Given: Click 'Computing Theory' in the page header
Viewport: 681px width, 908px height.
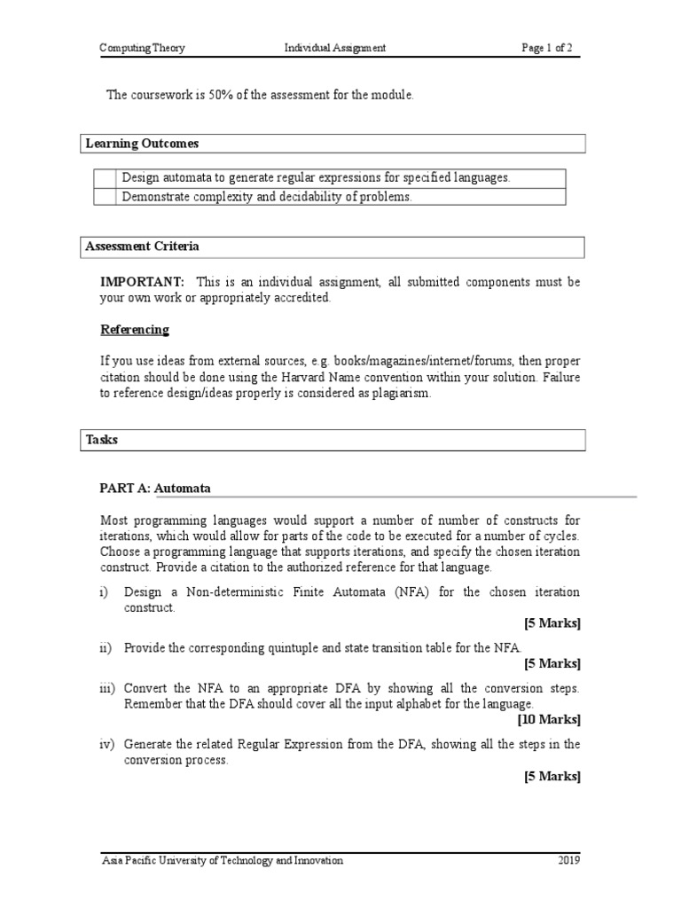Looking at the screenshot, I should tap(142, 48).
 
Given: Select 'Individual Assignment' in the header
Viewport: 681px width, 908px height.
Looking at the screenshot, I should tap(334, 48).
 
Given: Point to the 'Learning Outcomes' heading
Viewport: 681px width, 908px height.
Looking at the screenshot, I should tap(142, 143).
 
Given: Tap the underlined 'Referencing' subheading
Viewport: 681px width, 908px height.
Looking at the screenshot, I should tap(134, 330).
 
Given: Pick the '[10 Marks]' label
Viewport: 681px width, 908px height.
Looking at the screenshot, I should tap(552, 719).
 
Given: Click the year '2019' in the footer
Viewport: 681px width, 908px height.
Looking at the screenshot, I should tap(568, 860).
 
